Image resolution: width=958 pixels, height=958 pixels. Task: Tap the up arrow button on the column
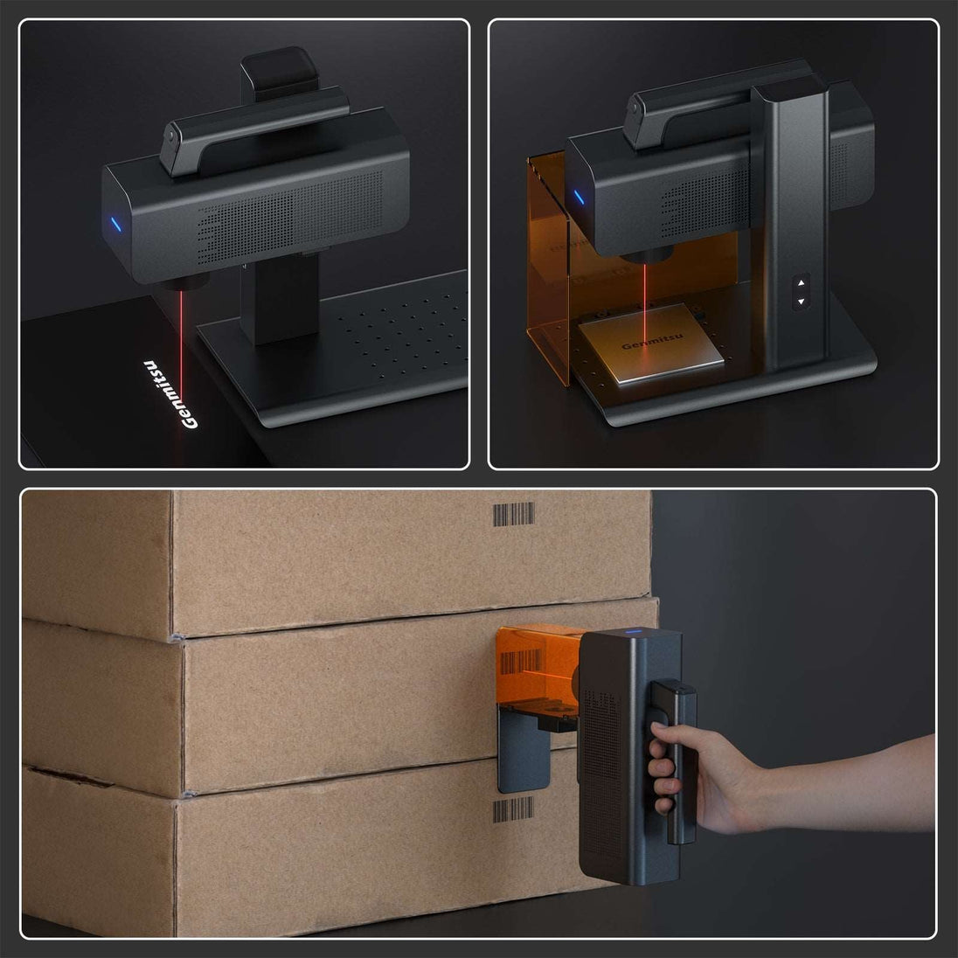[x=801, y=283]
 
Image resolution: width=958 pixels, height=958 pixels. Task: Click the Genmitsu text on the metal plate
[x=652, y=341]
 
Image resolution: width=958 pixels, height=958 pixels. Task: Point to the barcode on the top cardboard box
[x=513, y=514]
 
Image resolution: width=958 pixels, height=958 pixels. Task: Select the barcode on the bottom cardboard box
[x=513, y=809]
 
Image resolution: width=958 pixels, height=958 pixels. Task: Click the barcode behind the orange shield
[x=521, y=662]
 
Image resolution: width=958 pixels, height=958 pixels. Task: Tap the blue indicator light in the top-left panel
[x=115, y=225]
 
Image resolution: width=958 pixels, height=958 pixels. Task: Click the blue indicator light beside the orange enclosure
[x=579, y=197]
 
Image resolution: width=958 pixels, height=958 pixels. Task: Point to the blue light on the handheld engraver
[x=633, y=631]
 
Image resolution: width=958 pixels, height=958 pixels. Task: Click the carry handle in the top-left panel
[x=253, y=130]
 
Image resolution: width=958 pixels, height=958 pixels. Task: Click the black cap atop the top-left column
[x=280, y=72]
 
